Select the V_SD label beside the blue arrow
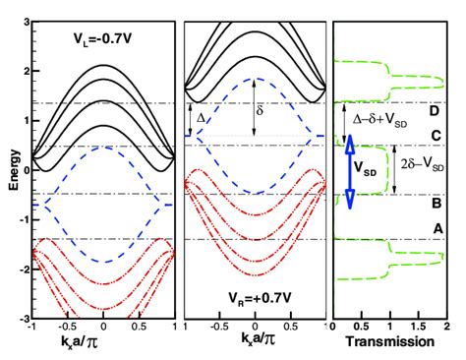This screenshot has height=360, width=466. click(369, 168)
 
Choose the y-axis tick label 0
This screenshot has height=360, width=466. click(24, 169)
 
